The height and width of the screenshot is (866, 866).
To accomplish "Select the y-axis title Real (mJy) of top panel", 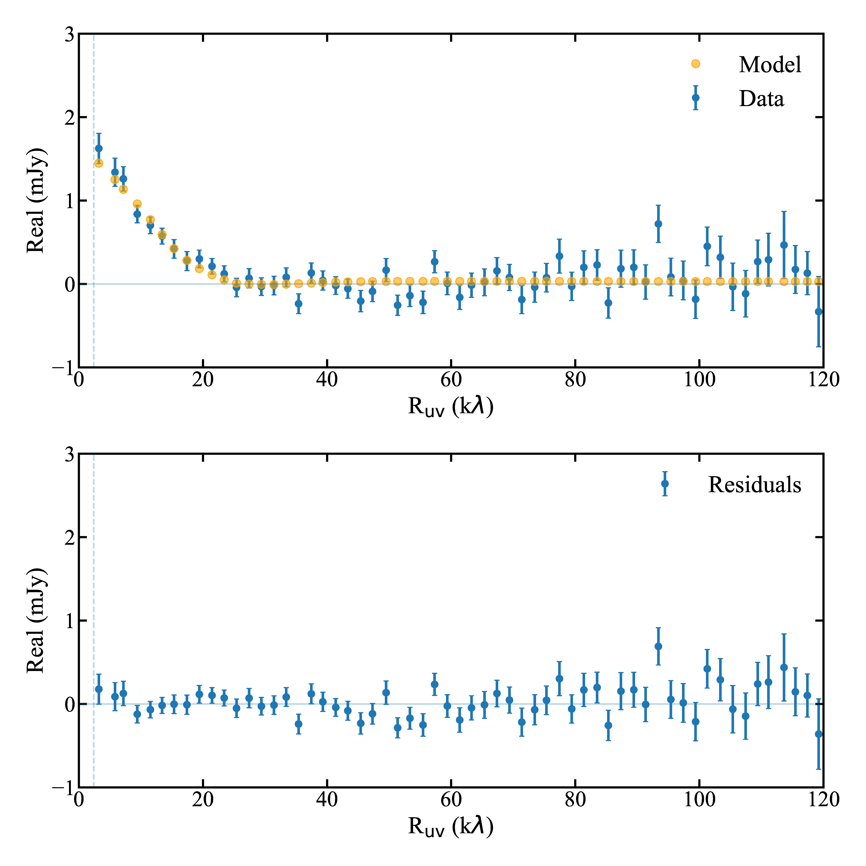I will pos(36,200).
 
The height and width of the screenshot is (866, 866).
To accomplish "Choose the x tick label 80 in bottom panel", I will pos(575,800).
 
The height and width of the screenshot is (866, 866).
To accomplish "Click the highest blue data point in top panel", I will pos(99,148).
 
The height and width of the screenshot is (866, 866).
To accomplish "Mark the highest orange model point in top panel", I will pos(99,163).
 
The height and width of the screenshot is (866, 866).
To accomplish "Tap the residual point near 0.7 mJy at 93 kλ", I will pos(658,646).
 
